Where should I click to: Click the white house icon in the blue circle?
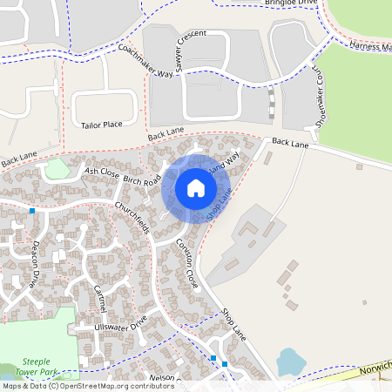(x=196, y=187)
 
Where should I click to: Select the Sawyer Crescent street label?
(x=191, y=46)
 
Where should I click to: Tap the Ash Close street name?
(x=102, y=172)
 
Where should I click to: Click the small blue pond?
(x=288, y=361)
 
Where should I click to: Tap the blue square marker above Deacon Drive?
(x=32, y=211)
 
